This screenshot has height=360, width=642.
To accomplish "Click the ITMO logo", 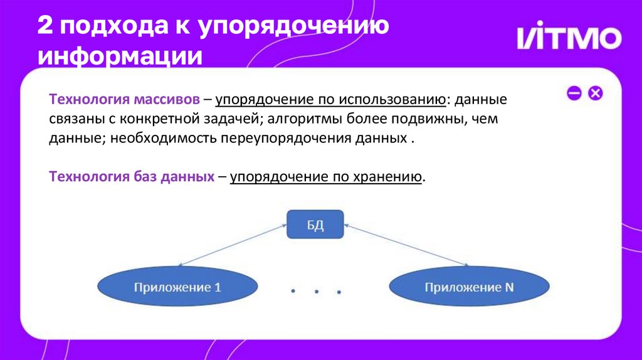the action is point(569,38).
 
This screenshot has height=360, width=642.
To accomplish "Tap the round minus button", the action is point(574,93).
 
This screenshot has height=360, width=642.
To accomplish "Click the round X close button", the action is point(595,93).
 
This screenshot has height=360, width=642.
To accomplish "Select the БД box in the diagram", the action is point(315,225).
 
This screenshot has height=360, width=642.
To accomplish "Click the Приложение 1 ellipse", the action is point(177,288).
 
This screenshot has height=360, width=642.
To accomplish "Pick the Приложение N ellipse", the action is point(469,288).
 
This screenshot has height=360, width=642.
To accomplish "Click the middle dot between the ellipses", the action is point(316,290).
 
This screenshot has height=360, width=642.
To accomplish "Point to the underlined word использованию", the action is point(392,100).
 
